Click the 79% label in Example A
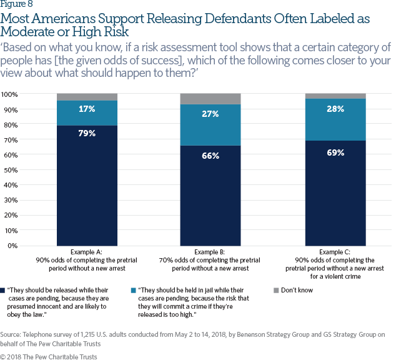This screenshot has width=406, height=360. [x=87, y=132]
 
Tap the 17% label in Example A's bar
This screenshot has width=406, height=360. [x=87, y=109]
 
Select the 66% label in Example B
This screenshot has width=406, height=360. [x=210, y=156]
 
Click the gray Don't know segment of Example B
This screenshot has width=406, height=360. [x=210, y=99]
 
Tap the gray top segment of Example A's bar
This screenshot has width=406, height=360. [x=87, y=97]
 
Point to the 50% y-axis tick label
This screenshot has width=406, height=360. [x=11, y=170]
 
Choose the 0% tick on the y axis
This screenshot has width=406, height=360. [x=12, y=246]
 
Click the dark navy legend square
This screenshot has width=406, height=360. [x=4, y=291]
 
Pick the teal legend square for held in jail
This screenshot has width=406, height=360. [x=134, y=291]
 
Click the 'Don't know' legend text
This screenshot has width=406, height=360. [x=297, y=290]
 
